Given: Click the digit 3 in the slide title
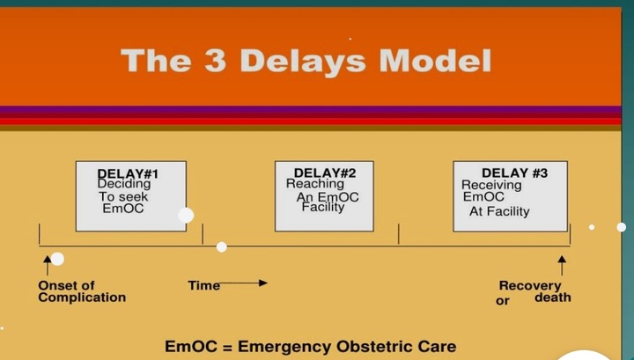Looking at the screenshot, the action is (215, 61).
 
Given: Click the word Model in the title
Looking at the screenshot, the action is (435, 61).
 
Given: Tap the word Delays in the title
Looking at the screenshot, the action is (303, 62).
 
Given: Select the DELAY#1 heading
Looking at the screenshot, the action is (128, 173).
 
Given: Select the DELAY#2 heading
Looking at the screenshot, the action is (325, 173).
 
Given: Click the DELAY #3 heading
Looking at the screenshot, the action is (515, 173).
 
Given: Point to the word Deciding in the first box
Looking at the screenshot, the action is (124, 184).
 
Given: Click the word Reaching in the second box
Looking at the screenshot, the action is (315, 183).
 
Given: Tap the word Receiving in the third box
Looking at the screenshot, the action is (491, 185).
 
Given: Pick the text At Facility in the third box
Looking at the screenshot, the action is (499, 211).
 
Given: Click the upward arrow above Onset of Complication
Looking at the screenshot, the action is (48, 265).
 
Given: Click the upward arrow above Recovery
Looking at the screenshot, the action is (562, 265).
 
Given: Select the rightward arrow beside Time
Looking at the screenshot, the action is (243, 283).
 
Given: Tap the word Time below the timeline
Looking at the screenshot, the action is (204, 286).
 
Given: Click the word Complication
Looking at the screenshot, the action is (82, 298).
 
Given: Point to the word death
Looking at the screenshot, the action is (553, 298).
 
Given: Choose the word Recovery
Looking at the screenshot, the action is (530, 286).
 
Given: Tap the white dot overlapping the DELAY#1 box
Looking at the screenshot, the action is (186, 216).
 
